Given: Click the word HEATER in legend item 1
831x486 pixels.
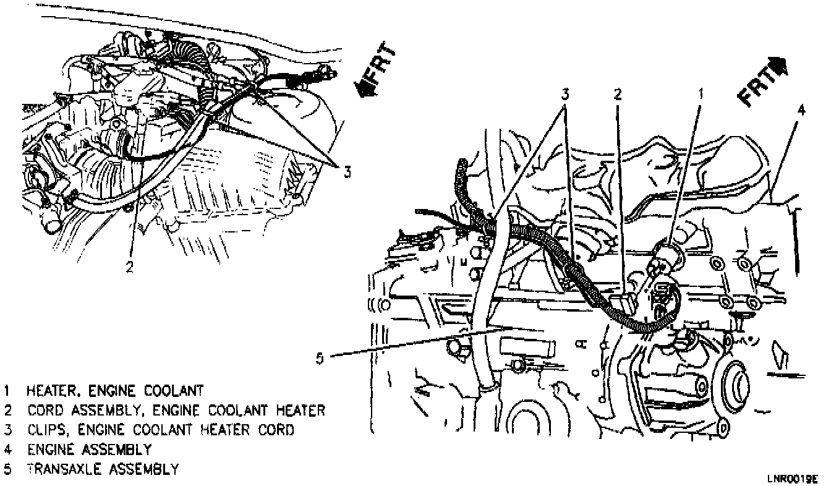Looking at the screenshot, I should [47, 391].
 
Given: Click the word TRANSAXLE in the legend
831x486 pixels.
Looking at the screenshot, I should [58, 469].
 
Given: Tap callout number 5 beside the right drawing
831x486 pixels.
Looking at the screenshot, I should [319, 357].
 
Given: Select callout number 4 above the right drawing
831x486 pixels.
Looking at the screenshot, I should [801, 111].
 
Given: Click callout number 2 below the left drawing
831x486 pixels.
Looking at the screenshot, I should [129, 266].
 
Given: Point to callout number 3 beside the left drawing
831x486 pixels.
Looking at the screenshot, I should [347, 173].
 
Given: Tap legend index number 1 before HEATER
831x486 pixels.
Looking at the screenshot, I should [6, 391].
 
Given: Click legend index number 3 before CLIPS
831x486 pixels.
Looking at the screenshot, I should [6, 430].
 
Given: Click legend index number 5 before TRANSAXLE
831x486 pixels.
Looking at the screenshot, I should [6, 469].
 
